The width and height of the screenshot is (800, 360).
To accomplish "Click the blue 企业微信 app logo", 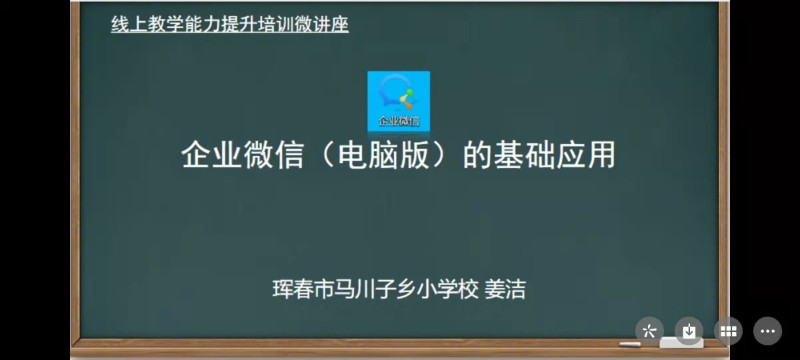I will [398, 98].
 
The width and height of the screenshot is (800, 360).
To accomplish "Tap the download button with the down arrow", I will [688, 330].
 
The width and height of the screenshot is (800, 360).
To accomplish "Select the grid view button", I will [729, 330].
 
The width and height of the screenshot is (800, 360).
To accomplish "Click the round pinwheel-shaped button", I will [649, 330].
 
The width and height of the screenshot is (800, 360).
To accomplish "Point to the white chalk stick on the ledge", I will [629, 344].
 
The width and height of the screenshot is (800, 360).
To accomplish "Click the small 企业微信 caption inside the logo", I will [398, 121].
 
